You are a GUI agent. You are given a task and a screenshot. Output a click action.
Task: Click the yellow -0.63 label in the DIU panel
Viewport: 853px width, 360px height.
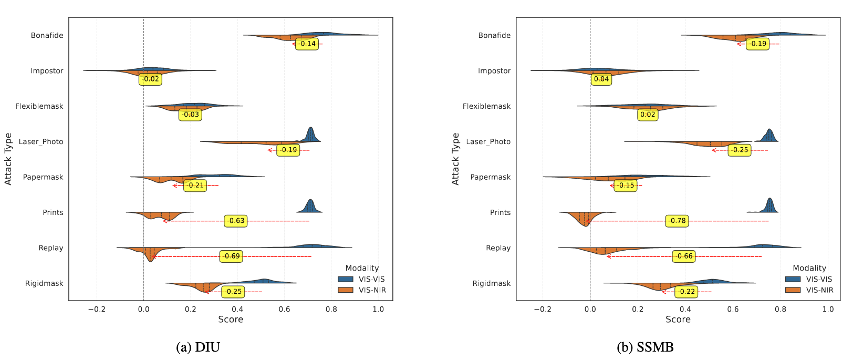click(236, 221)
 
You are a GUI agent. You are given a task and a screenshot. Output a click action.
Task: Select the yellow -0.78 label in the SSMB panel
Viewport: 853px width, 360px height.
click(677, 221)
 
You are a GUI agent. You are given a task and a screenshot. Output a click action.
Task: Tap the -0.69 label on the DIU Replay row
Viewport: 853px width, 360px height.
click(231, 256)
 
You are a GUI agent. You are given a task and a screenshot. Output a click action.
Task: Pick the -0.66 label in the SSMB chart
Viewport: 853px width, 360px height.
click(684, 256)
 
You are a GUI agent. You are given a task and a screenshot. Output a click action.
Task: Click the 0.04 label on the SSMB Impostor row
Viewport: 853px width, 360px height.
click(601, 79)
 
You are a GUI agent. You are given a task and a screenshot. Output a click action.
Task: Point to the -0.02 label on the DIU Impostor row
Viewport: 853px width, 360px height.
click(150, 79)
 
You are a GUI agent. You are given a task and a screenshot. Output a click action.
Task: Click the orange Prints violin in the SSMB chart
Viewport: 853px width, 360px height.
click(584, 218)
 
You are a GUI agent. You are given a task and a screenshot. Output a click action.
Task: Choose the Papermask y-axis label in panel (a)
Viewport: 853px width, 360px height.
click(43, 177)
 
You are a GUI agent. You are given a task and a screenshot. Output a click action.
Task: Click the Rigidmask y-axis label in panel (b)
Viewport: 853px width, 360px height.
click(491, 283)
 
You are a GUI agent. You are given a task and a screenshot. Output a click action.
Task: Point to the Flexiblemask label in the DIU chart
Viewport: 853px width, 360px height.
click(39, 106)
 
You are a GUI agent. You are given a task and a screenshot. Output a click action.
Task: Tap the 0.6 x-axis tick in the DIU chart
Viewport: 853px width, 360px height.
click(284, 310)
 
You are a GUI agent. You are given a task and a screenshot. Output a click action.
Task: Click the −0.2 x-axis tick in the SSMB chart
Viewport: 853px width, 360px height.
click(542, 310)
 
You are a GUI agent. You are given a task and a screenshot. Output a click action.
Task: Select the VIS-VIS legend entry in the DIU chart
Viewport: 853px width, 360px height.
click(371, 279)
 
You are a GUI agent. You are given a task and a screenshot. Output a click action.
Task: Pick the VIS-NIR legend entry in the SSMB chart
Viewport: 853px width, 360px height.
click(819, 290)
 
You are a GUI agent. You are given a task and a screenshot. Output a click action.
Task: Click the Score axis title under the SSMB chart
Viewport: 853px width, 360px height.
click(678, 320)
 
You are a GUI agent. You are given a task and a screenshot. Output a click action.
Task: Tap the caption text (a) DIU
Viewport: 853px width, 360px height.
click(198, 347)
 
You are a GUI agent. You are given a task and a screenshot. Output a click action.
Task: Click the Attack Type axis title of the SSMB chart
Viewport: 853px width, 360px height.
click(455, 159)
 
